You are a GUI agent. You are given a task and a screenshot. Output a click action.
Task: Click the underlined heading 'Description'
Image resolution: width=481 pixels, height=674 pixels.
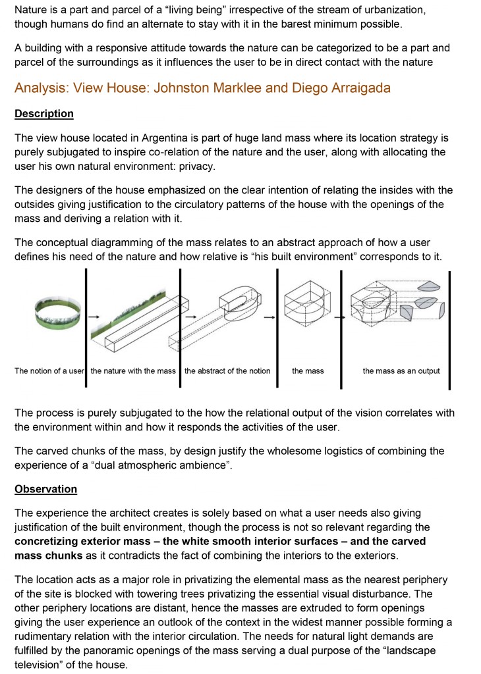pos(44,113)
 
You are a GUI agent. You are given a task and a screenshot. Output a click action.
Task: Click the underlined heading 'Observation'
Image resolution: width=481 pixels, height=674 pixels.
pos(45,489)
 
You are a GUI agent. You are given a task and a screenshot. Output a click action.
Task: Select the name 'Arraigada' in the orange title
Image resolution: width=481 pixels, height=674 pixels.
pos(360,88)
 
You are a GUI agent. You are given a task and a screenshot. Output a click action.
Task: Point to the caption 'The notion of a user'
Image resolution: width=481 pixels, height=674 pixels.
pos(49,371)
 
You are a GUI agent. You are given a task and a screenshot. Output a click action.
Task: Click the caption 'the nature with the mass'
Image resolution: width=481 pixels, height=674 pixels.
pos(133,371)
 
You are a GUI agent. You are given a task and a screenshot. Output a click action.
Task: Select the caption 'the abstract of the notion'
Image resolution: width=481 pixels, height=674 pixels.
pos(227,371)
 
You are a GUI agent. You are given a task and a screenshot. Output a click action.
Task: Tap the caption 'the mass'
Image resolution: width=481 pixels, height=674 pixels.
pos(308,371)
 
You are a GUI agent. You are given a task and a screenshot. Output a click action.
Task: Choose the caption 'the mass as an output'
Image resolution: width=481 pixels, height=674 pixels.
pos(401,371)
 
